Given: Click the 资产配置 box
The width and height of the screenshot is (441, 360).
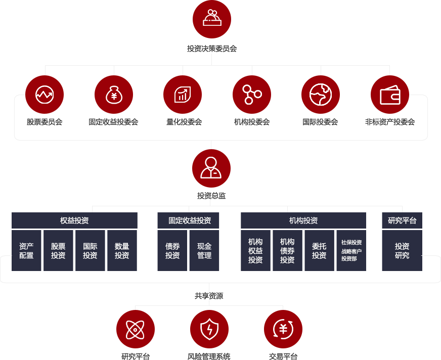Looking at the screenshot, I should (27, 251).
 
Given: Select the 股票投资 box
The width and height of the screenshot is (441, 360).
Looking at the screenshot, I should (58, 251).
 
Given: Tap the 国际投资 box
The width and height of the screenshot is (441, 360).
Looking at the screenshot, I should (90, 251).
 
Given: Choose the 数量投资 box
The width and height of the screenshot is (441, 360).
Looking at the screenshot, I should (122, 251).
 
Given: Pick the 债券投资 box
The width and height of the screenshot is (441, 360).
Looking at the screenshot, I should (172, 251).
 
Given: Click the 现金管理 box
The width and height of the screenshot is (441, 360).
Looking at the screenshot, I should (204, 251).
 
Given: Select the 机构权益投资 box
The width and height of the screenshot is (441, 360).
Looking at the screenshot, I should (255, 251).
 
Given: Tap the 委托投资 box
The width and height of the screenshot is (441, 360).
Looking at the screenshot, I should (319, 251).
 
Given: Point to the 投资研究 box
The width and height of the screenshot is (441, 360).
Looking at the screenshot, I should (402, 251).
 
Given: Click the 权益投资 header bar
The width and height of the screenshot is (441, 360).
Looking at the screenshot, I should (74, 220).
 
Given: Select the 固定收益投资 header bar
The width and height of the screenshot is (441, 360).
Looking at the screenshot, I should (189, 220).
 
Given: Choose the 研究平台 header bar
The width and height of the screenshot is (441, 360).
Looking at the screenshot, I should (402, 220).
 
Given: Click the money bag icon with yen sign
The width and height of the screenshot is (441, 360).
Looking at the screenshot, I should (114, 95).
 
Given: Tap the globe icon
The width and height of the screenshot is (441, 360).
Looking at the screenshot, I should (321, 95).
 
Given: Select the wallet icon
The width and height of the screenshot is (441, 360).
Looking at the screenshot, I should (390, 95).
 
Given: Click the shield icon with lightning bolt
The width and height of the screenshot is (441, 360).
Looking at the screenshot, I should (209, 329).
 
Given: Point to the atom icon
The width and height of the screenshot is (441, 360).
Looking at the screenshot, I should (135, 330).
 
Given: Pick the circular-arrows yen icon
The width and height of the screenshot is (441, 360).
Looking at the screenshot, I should (283, 329).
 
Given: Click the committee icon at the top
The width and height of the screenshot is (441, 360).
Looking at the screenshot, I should (212, 18).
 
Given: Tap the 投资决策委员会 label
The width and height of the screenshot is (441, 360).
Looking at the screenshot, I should (212, 49).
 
